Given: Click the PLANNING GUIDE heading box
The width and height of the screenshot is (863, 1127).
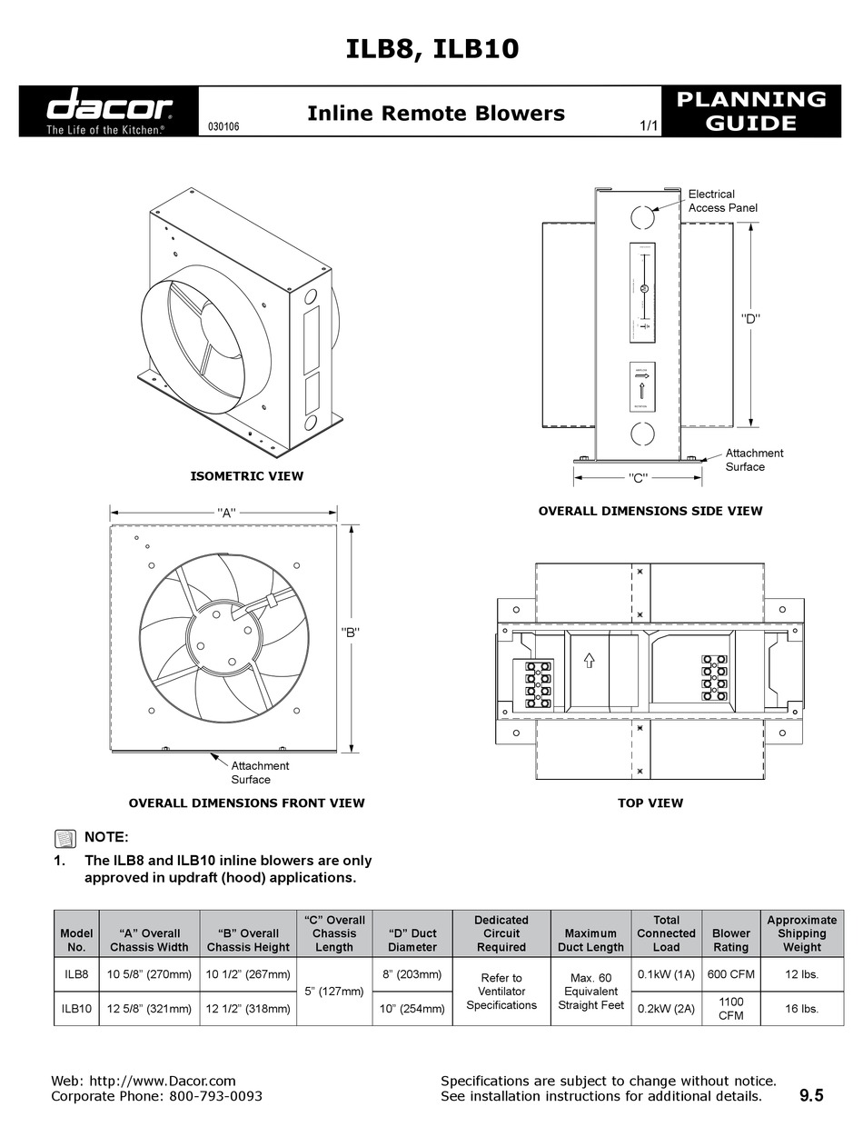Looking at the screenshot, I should pyautogui.click(x=752, y=111).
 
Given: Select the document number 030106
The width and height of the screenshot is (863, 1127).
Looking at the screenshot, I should pyautogui.click(x=223, y=128).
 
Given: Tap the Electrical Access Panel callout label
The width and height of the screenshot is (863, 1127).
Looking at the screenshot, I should pyautogui.click(x=722, y=201).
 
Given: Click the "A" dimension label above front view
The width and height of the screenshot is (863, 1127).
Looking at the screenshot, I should pyautogui.click(x=226, y=513).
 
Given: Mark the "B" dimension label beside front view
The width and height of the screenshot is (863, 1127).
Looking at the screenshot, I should pyautogui.click(x=351, y=633).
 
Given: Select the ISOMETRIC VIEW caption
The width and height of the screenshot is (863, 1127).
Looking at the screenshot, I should pyautogui.click(x=246, y=475).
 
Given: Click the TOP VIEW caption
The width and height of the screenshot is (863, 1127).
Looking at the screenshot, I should pyautogui.click(x=650, y=803).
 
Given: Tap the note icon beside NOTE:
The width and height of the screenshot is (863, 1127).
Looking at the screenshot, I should pyautogui.click(x=64, y=837).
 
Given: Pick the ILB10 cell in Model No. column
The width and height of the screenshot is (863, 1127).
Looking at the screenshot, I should pyautogui.click(x=76, y=1009).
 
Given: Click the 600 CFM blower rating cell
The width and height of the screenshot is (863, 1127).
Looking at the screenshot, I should pyautogui.click(x=730, y=974).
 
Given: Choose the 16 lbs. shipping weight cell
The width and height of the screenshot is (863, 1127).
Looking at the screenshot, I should pyautogui.click(x=802, y=1009).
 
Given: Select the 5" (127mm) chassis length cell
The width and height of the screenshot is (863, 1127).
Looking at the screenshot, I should pyautogui.click(x=334, y=991).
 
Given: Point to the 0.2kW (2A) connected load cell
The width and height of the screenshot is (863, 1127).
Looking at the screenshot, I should pyautogui.click(x=666, y=1009).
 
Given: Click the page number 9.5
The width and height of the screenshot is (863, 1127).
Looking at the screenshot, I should pyautogui.click(x=811, y=1096).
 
